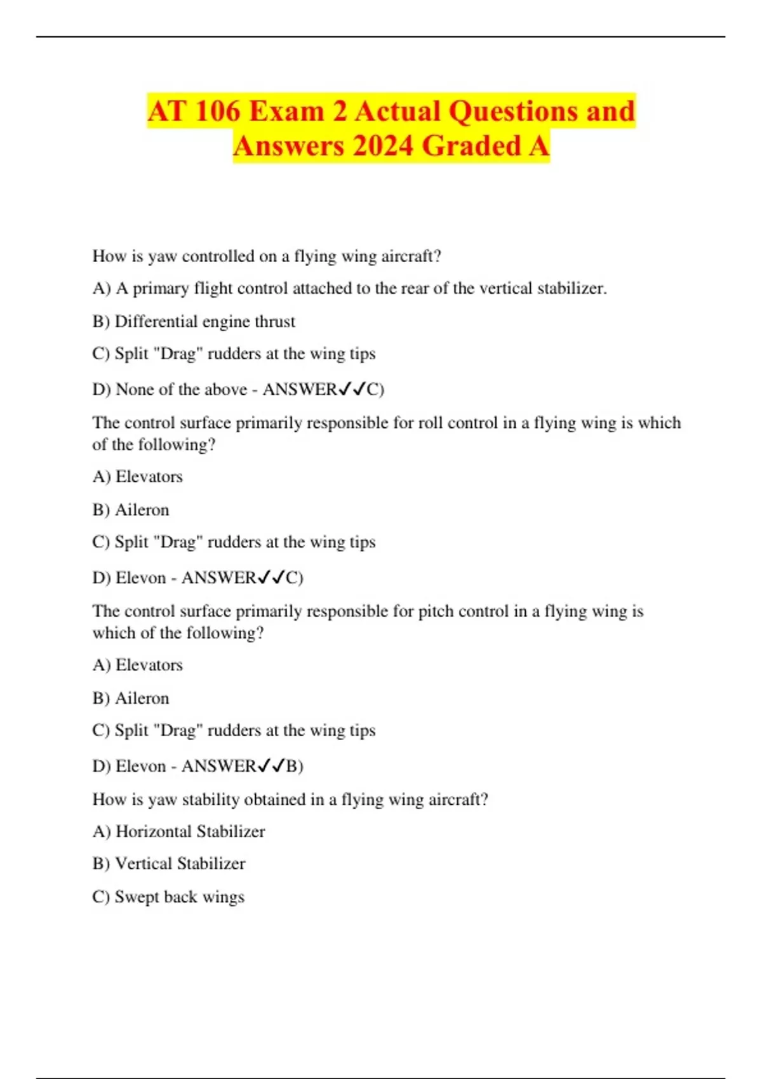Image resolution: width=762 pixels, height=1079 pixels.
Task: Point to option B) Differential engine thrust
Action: click(194, 322)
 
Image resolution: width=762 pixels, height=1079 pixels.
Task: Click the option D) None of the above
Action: click(170, 389)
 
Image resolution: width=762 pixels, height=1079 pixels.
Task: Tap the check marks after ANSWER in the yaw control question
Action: click(352, 389)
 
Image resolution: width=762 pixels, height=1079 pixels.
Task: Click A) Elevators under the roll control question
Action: click(137, 477)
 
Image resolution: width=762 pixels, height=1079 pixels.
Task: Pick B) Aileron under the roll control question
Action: click(131, 510)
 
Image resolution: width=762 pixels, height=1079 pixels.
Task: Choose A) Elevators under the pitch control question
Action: click(137, 665)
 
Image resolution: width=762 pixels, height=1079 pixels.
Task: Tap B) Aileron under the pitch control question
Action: click(131, 699)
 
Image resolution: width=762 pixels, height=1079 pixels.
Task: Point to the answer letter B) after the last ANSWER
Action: click(295, 766)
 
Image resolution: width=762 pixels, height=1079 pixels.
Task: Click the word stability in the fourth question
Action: click(210, 800)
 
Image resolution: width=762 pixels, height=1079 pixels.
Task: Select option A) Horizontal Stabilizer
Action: click(178, 831)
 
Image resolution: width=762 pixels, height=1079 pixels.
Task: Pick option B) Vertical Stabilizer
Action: click(168, 864)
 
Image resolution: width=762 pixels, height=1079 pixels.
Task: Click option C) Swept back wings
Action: click(168, 897)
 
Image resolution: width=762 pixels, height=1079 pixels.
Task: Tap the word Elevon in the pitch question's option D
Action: click(141, 766)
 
